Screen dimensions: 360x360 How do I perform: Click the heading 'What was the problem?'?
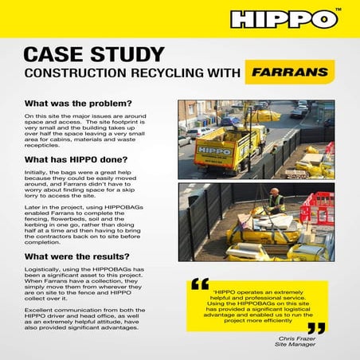click(x=78, y=104)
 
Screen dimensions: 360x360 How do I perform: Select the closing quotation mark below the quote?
click(x=316, y=327)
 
